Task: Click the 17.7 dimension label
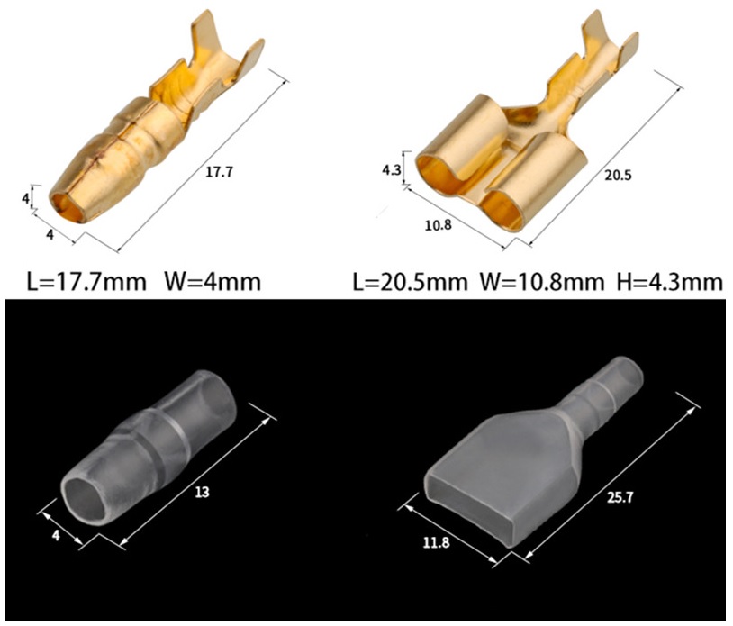click(x=219, y=173)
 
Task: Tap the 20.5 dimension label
click(x=618, y=176)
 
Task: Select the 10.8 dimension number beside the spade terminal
click(x=438, y=225)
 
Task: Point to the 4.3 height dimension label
click(x=392, y=169)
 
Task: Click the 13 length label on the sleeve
click(x=202, y=493)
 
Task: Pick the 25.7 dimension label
click(x=620, y=498)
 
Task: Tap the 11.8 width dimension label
click(x=436, y=542)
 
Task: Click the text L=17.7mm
click(x=86, y=282)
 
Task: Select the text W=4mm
click(x=213, y=282)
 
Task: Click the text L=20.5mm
click(x=410, y=282)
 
